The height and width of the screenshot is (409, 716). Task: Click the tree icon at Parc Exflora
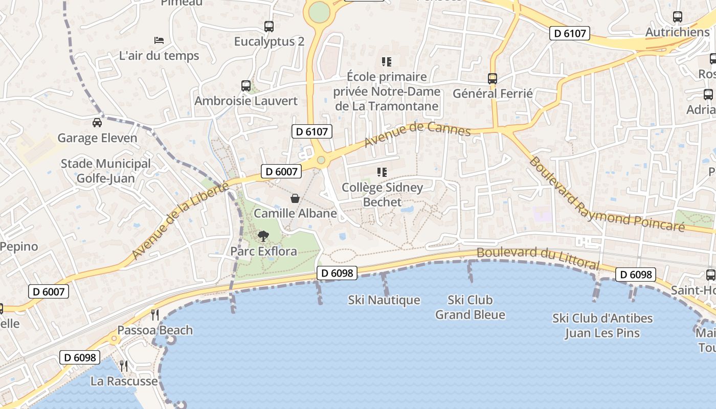point(263,236)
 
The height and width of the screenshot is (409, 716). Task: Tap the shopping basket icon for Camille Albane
point(295,198)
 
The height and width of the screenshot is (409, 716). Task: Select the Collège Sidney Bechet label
point(382,195)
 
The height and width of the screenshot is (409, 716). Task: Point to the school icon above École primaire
point(387,62)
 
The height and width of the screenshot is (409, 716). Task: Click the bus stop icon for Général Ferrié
point(493,79)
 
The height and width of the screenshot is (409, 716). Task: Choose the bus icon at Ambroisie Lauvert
point(246,86)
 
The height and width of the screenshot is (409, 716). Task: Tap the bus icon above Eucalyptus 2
point(269,27)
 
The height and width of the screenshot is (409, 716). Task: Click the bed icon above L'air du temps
point(159,40)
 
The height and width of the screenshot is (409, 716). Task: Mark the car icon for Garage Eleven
point(97,123)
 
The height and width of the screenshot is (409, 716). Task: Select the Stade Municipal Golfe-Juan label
point(106,171)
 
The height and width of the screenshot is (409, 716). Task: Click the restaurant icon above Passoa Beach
point(155,314)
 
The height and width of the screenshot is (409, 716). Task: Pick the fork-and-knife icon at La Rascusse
point(124,366)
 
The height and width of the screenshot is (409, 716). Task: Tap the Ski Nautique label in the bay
point(384,300)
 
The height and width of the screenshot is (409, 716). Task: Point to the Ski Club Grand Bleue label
point(470,307)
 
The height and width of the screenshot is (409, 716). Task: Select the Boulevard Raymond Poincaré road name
point(606,194)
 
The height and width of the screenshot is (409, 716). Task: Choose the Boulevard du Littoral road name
point(538,258)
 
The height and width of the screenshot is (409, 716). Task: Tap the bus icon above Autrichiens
point(678,17)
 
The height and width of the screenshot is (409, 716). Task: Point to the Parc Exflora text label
point(263,251)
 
